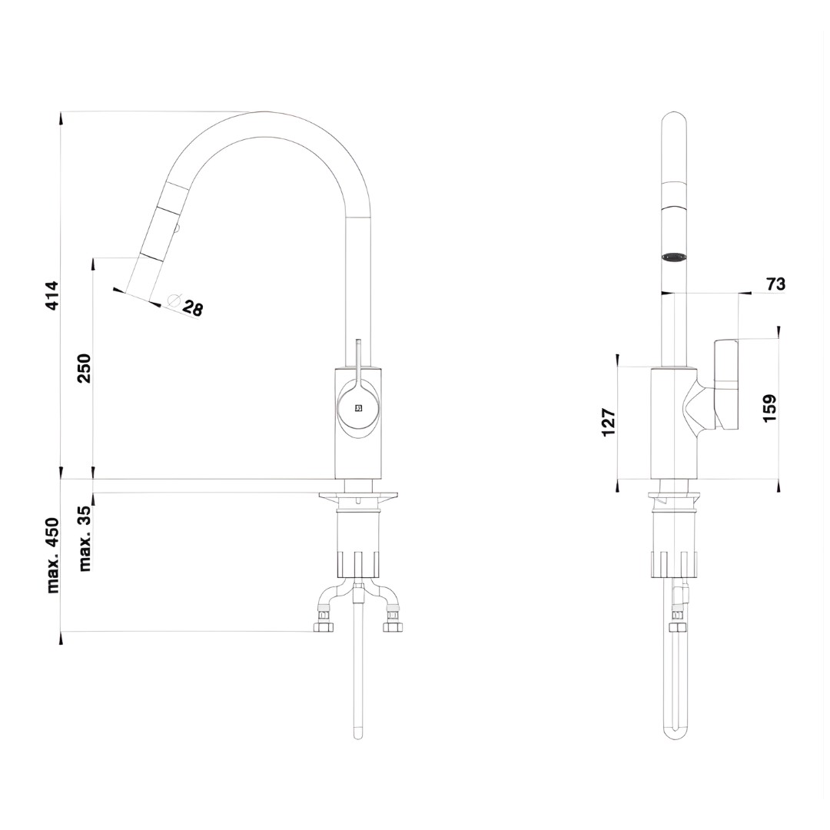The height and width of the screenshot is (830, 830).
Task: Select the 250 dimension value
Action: pyautogui.click(x=85, y=368)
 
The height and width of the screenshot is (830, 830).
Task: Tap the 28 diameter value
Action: pyautogui.click(x=193, y=307)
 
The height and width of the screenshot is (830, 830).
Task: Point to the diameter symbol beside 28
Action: pyautogui.click(x=174, y=300)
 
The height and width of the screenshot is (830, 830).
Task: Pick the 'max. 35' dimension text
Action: pyautogui.click(x=85, y=539)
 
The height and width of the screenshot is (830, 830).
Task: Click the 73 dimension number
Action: pyautogui.click(x=775, y=284)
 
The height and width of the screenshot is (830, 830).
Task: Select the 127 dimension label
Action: pyautogui.click(x=609, y=423)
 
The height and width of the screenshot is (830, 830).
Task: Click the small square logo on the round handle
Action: pyautogui.click(x=358, y=408)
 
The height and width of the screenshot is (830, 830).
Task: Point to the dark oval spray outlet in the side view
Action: pyautogui.click(x=674, y=257)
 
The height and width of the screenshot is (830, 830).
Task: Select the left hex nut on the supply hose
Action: pyautogui.click(x=324, y=627)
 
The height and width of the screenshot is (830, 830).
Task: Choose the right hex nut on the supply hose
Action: pyautogui.click(x=392, y=627)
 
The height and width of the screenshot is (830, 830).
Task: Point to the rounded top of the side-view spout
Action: pyautogui.click(x=675, y=118)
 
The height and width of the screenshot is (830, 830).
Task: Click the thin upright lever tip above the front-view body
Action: pyautogui.click(x=358, y=342)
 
